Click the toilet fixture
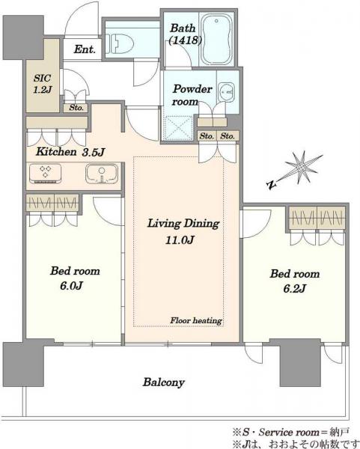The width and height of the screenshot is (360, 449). pos(120,44)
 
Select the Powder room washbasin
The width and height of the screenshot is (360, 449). pos(226,92)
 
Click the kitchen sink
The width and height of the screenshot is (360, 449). pos(101,174)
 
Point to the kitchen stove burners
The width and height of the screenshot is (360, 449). pos(45,173)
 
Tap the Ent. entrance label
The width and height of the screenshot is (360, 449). pos(85,49)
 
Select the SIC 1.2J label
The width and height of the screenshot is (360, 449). pos(42,84)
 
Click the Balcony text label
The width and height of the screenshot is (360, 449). pos(164,382)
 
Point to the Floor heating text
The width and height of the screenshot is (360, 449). pos(196,320)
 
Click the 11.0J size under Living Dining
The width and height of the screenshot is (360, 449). pos(180,239)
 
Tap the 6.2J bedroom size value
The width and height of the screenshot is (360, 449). pos(294,288)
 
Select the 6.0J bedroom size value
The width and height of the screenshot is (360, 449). pos(71,286)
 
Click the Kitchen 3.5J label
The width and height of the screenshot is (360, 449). pos(70,152)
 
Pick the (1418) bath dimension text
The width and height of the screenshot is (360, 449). pos(186,40)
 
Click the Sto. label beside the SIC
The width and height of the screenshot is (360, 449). pos(76,108)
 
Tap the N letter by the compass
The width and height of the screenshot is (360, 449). pos(272,185)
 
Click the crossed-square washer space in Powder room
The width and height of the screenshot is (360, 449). pos(177,128)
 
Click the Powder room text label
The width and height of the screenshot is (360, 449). pos(192,95)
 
